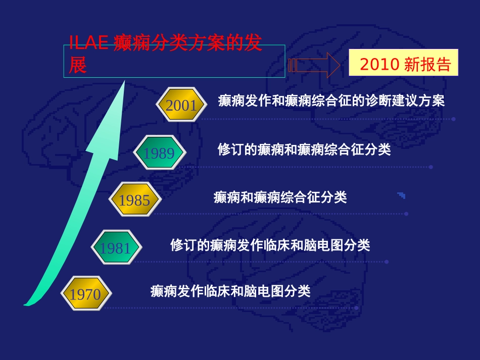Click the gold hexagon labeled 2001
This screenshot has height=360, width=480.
pos(181,106)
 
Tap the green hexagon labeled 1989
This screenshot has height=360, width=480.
pos(159,152)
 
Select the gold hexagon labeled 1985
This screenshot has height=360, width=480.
pos(134,200)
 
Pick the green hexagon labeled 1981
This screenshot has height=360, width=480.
pos(115,247)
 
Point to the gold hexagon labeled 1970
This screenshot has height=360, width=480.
pos(85,293)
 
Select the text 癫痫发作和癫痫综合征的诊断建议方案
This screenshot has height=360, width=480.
pos(331,101)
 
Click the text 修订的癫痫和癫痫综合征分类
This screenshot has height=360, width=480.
pos(304,150)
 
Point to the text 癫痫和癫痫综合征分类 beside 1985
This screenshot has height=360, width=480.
pos(280,197)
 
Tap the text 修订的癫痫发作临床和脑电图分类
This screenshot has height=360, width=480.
pos(270,245)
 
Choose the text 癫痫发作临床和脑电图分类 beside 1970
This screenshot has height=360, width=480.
pos(230,291)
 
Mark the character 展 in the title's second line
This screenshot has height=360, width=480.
pos(78,66)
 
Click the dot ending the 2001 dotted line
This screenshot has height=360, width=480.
pos(453,119)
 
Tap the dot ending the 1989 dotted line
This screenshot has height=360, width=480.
pos(430,167)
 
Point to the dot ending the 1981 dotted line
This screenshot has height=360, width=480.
pos(387,262)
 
